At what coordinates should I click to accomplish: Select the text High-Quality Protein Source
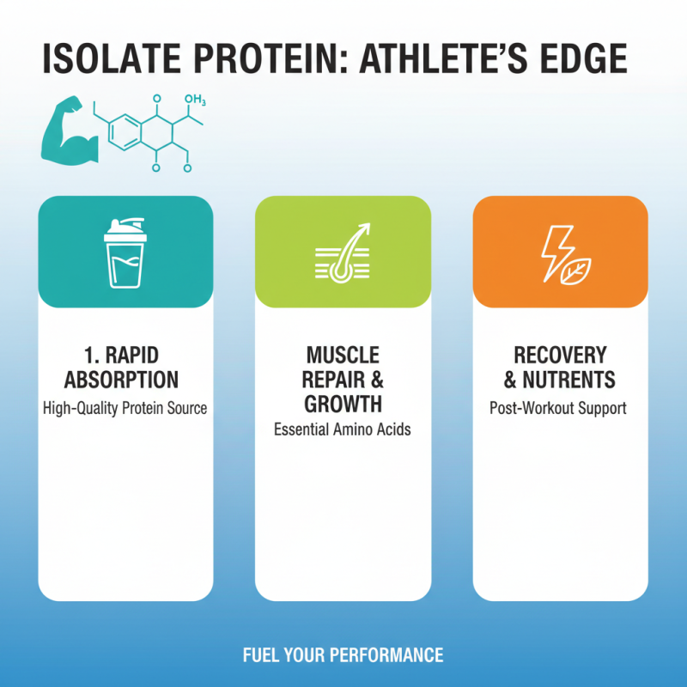click(125, 408)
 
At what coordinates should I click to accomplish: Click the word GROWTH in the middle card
click(343, 402)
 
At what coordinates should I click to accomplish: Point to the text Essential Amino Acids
click(343, 429)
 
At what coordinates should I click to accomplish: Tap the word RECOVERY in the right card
click(560, 355)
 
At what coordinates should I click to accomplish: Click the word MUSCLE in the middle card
click(343, 355)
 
